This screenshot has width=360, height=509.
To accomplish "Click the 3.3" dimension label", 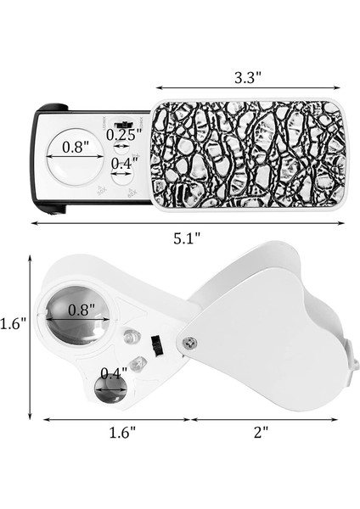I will click(247, 76).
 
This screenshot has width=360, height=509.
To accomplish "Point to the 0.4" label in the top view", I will click(124, 162).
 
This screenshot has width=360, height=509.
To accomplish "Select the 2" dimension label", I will click(261, 431).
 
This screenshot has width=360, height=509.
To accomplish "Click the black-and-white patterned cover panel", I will click(250, 150).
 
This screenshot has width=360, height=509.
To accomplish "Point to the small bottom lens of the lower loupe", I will click(108, 391).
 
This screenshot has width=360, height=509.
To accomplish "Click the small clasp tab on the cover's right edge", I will click(352, 364).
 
